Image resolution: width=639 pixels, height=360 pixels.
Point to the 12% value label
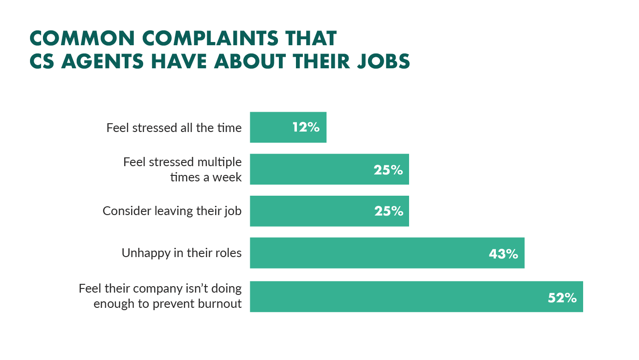click(x=306, y=127)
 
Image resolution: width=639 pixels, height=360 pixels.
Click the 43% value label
click(x=503, y=253)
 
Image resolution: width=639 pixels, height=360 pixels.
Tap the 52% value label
click(x=562, y=298)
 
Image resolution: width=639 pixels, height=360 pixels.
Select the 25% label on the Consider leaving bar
click(x=388, y=211)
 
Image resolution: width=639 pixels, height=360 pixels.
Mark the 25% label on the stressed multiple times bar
click(x=388, y=170)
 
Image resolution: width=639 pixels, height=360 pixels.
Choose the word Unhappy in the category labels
click(x=143, y=253)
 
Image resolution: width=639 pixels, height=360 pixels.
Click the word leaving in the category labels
click(x=175, y=211)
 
